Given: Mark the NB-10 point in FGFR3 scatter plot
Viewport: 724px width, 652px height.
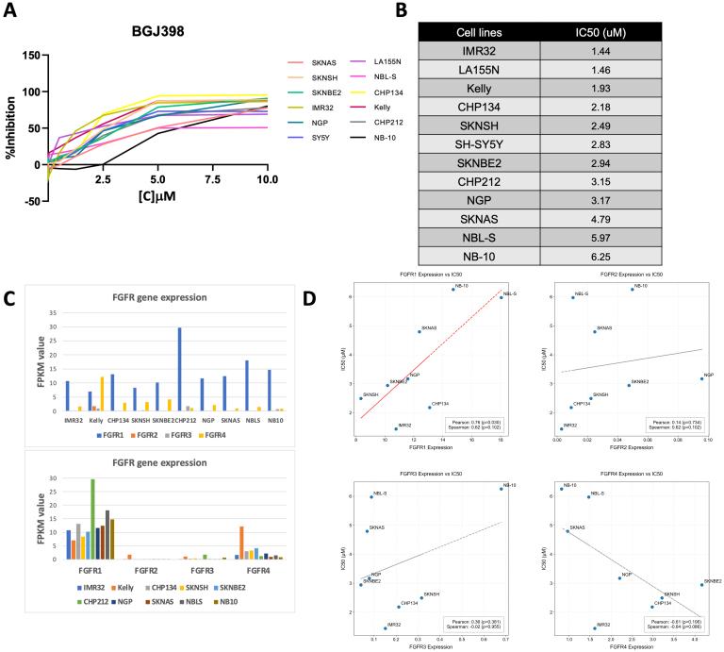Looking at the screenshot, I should pos(501,489).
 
